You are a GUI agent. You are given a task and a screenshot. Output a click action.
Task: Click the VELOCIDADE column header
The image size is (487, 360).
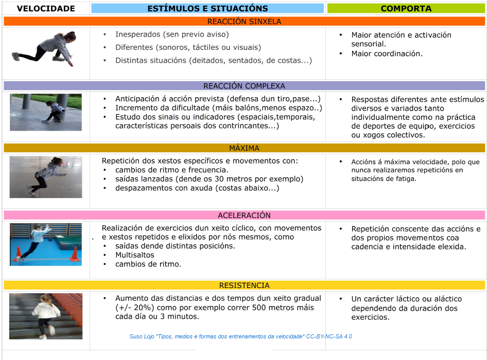(46, 8)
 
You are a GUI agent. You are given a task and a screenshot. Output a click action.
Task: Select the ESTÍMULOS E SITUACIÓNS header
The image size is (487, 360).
(207, 8)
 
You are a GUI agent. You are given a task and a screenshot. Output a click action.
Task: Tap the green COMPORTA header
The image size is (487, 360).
(406, 8)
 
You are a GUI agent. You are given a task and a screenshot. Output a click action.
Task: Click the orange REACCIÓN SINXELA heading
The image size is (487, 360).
(244, 22)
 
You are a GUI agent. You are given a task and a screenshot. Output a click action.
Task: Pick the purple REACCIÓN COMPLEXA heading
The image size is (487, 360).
(244, 86)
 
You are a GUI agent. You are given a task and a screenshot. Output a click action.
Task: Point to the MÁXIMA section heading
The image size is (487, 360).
(244, 148)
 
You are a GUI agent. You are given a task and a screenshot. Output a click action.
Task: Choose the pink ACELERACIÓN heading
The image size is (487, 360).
(244, 215)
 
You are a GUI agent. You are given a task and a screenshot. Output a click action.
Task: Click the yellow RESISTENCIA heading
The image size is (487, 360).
(244, 285)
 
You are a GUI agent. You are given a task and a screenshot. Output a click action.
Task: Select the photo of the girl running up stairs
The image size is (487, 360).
(45, 316)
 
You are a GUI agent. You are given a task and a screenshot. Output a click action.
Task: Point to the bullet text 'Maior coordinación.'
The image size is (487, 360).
(387, 53)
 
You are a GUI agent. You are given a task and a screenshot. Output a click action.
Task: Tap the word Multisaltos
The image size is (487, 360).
(135, 255)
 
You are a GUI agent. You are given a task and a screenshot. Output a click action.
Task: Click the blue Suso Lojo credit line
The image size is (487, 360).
(240, 336)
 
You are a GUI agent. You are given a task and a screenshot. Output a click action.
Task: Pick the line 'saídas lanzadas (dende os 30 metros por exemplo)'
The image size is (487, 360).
(209, 179)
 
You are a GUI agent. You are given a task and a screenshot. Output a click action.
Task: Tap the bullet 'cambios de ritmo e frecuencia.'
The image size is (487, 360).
(171, 170)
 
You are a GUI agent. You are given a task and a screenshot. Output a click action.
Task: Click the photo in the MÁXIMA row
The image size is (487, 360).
(45, 177)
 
